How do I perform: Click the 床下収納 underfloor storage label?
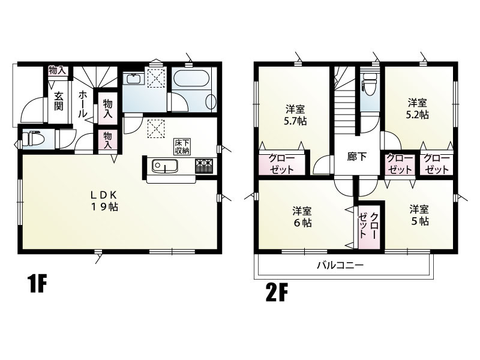[182, 146]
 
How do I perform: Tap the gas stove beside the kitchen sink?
[204, 165]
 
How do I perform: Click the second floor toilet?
[370, 86]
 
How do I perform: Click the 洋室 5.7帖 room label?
[295, 115]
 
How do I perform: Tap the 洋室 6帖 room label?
[302, 217]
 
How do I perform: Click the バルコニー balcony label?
[340, 265]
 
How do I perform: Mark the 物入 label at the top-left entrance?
[57, 70]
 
